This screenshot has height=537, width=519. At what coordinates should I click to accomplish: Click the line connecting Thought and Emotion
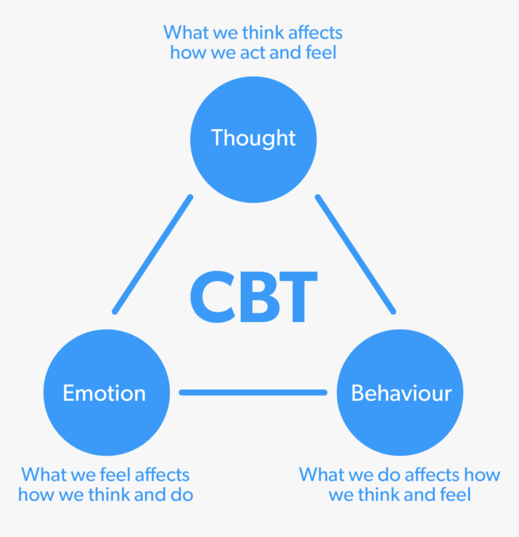tap(153, 254)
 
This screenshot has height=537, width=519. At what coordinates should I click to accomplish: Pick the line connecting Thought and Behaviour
tap(355, 254)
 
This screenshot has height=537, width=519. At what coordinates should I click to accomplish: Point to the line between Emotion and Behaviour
tap(253, 393)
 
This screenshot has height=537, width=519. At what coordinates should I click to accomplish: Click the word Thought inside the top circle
tap(253, 138)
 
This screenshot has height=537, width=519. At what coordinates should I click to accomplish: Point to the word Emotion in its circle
tap(104, 393)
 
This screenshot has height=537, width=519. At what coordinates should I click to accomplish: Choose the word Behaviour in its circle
tap(401, 393)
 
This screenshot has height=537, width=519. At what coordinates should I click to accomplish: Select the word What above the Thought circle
tap(183, 31)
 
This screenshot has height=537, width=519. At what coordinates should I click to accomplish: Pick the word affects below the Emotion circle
tap(161, 474)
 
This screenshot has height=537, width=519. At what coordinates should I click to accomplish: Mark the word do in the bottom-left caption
tap(180, 495)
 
